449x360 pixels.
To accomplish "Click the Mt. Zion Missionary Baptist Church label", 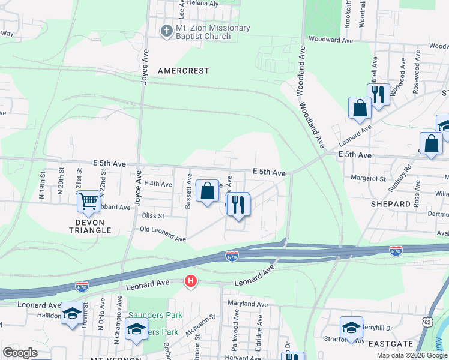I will tap(203, 32).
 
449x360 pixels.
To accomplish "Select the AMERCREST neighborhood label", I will tap(184, 71).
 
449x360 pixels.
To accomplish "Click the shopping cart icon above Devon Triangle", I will tap(88, 201).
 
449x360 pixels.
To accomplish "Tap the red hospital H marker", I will tap(191, 281).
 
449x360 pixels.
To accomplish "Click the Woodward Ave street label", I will tap(330, 40).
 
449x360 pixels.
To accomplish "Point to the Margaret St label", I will tap(369, 178).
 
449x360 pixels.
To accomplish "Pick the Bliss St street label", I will tap(153, 215).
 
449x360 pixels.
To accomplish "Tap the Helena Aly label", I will tap(202, 3).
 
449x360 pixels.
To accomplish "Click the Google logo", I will tap(20, 353).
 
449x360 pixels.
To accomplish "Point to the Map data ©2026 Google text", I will tap(411, 355).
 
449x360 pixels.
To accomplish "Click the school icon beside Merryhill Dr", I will tap(351, 327).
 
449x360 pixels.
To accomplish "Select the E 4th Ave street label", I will tap(158, 184).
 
